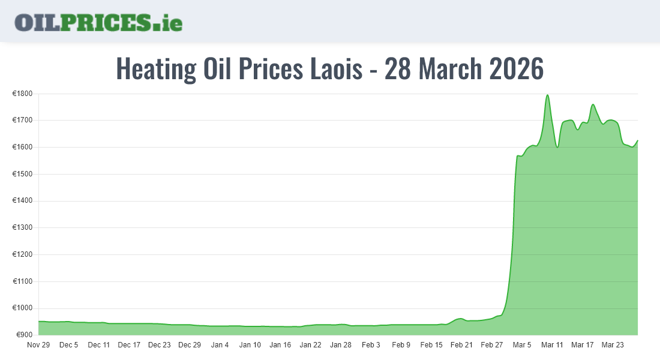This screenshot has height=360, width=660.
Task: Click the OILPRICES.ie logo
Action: click(98, 22)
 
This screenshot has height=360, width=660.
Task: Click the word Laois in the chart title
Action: click(336, 69)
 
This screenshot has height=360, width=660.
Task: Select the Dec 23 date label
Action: click(160, 345)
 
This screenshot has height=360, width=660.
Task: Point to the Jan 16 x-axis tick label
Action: click(280, 345)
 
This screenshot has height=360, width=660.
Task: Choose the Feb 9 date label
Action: click(401, 345)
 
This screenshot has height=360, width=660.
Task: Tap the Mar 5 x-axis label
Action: click(521, 345)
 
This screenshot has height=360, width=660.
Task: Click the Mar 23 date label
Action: click(613, 345)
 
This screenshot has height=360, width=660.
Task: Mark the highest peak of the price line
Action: click(547, 95)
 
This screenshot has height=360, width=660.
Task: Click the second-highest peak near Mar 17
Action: click(593, 105)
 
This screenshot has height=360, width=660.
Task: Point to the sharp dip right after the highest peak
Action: click(557, 146)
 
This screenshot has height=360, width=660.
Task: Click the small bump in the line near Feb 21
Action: click(460, 319)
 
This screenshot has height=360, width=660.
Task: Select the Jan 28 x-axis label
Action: click(340, 345)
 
